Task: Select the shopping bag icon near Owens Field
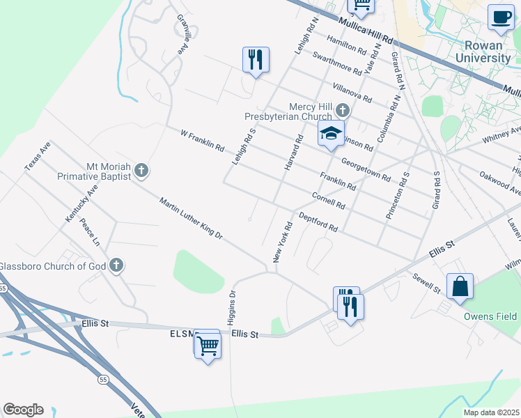click(460, 286)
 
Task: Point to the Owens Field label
click(491, 316)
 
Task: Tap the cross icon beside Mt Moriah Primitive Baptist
click(141, 170)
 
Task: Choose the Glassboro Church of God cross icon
click(116, 265)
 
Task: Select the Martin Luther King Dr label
click(190, 219)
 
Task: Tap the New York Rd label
click(281, 242)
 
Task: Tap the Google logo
click(23, 409)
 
